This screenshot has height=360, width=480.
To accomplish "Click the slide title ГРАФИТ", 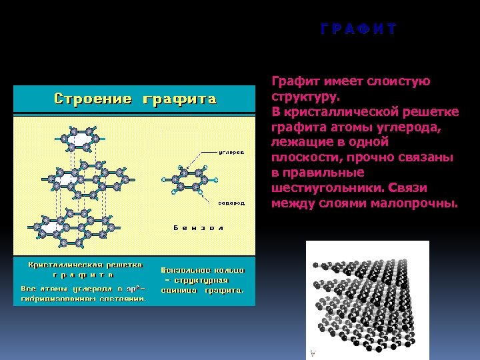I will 358,29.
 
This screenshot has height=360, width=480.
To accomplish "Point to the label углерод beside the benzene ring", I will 231,152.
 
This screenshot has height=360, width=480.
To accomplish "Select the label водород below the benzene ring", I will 231,202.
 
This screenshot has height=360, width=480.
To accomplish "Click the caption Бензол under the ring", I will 198,228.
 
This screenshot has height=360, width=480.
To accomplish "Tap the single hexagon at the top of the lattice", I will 79,140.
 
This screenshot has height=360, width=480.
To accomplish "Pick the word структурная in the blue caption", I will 207,281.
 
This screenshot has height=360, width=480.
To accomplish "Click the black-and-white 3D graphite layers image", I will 367,300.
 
